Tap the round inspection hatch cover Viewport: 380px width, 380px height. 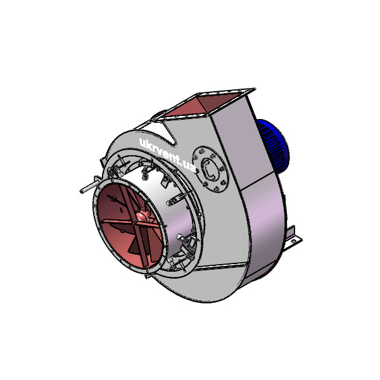[x=208, y=168]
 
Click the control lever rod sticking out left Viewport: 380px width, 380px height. [x=87, y=188]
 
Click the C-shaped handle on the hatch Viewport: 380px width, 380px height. [x=209, y=168]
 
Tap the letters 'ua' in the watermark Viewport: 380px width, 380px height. [x=188, y=166]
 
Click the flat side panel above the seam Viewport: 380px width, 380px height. [x=241, y=146]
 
